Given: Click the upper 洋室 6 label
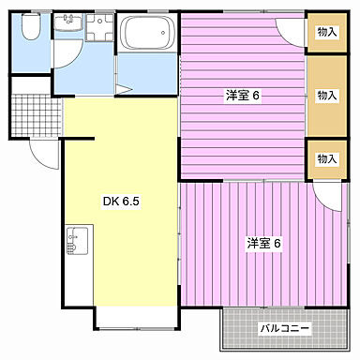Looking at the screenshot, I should coord(243,95).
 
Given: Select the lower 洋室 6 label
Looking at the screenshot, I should coord(265,244).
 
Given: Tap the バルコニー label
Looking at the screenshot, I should coord(284,329).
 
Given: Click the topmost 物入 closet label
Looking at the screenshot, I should coord(326,33).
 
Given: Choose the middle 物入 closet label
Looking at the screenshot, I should coord(326,95).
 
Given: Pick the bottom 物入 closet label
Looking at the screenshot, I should coord(326,158).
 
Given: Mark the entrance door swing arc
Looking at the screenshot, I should coord(42,155).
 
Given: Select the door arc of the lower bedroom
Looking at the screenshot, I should coord(328,193).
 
